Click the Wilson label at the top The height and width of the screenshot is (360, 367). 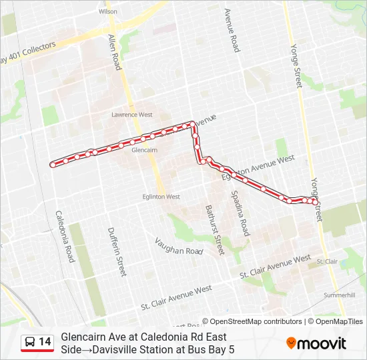tap(107, 11)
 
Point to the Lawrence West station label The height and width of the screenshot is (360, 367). tap(132, 115)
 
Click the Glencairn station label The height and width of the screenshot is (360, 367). tap(145, 150)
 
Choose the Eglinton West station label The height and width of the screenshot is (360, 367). tap(161, 197)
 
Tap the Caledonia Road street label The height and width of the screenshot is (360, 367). tap(65, 236)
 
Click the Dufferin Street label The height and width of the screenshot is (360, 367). tap(117, 251)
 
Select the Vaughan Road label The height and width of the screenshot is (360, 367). tap(178, 246)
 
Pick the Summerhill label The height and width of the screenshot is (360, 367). tap(339, 294)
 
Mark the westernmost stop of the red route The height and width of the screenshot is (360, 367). tap(53, 163)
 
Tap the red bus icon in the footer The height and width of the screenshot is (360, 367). tap(29, 343)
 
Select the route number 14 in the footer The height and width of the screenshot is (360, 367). tap(45, 342)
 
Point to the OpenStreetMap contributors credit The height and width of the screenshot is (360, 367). tap(254, 321)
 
